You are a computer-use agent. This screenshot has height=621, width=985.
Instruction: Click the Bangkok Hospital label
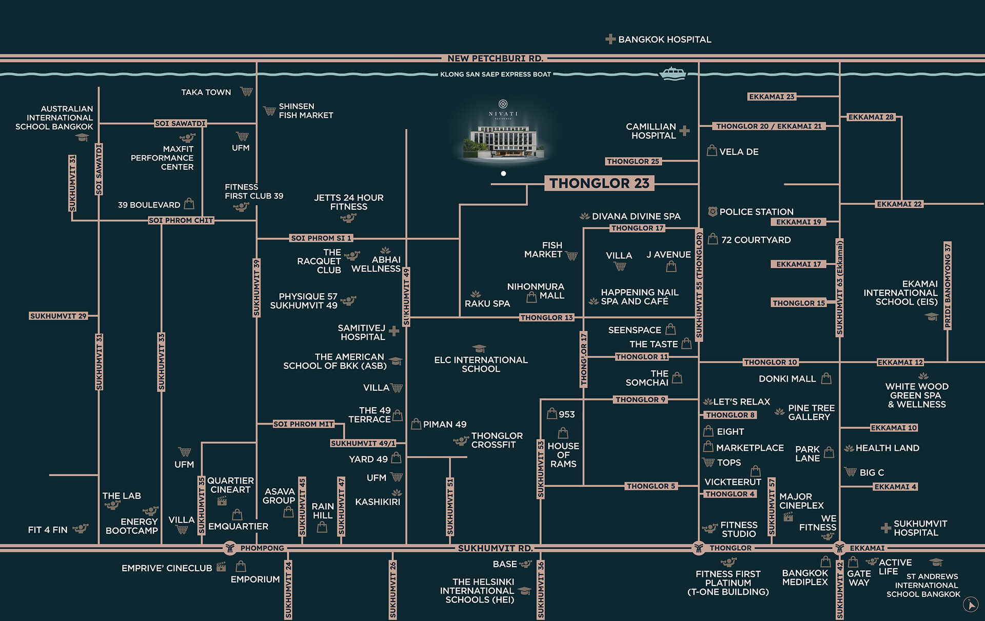[664, 39]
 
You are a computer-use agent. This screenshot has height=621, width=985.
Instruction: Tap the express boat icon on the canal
[672, 73]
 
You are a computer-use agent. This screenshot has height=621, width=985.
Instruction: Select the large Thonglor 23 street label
[599, 183]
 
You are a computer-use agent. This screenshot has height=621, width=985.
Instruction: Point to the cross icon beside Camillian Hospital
[684, 131]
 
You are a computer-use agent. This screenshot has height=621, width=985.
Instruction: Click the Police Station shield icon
[712, 211]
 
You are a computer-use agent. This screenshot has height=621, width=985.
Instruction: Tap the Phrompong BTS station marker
[230, 548]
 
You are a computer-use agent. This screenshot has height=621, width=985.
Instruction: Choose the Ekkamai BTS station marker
[839, 548]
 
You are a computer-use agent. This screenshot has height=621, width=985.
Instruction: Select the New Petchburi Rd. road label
[495, 58]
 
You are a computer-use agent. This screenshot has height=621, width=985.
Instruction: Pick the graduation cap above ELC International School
[479, 349]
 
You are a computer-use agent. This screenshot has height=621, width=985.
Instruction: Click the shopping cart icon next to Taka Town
[247, 92]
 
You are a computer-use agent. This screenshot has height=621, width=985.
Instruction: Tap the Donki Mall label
[787, 379]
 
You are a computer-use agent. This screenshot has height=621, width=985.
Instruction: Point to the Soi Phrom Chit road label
[181, 221]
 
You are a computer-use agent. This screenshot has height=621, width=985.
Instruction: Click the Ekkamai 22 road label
[899, 204]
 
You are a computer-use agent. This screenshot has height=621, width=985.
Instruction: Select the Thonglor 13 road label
[546, 317]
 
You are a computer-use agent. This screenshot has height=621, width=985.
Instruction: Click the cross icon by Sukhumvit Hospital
[885, 528]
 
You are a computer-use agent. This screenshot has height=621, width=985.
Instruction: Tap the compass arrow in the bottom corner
[970, 605]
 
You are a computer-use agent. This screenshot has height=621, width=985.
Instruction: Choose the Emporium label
[255, 579]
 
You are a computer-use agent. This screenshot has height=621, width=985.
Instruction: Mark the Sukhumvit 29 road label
[58, 316]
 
